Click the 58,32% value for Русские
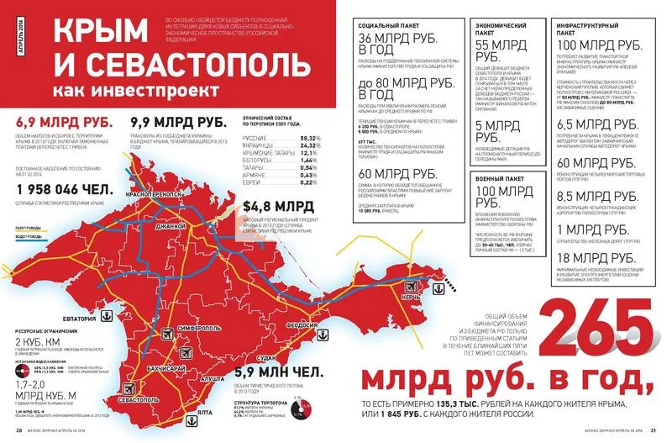pyautogui.click(x=310, y=137)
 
